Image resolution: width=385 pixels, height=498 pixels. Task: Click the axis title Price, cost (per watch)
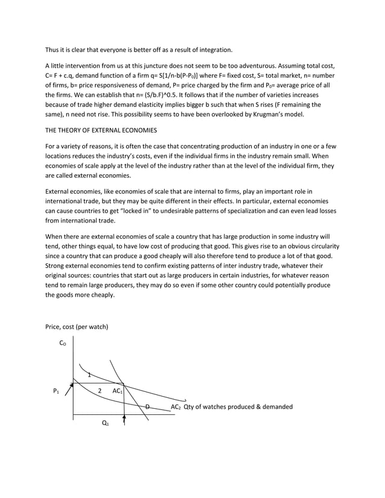coord(77,327)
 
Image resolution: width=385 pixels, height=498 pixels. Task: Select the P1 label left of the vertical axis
coord(56,391)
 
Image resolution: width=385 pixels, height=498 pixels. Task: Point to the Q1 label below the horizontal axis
coord(105,423)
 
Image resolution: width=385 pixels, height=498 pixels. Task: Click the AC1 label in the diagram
coord(118,391)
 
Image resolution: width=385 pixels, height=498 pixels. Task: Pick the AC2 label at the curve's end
coord(176,407)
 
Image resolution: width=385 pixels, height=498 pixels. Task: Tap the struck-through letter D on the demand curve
coord(147,407)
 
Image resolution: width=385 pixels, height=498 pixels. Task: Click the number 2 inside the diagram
coord(100,391)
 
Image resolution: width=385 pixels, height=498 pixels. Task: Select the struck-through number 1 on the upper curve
coord(89,375)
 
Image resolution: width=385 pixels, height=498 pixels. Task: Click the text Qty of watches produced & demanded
coord(238,407)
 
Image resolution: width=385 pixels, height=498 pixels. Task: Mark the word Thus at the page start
coord(53,49)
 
